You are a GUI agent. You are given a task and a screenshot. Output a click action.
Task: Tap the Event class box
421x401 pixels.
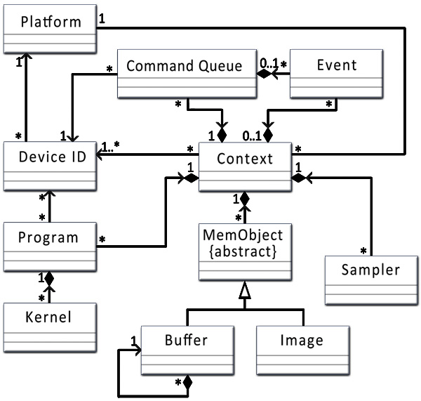tap(336, 73)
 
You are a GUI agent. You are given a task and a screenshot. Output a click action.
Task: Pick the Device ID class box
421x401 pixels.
tap(48, 166)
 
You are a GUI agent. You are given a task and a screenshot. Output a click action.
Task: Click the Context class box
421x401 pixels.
tap(244, 166)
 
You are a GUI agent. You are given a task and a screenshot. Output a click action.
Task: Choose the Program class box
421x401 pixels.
tap(48, 244)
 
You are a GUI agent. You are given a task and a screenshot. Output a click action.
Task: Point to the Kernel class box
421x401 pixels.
tap(48, 324)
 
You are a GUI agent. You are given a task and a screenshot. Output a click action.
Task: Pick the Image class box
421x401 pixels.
tap(302, 348)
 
